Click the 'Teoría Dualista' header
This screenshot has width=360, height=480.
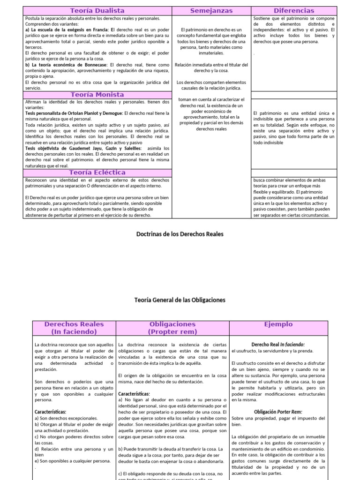(x=97, y=10)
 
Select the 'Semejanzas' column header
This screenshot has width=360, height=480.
(x=211, y=10)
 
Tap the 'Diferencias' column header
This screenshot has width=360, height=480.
(x=293, y=10)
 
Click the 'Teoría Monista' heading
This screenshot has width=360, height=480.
(x=97, y=95)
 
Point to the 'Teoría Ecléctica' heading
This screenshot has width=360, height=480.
(x=97, y=172)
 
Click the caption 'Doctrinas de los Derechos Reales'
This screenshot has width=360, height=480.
(x=180, y=233)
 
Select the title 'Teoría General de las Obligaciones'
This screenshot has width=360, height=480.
(x=180, y=300)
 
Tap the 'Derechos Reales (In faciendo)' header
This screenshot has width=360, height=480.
(x=74, y=328)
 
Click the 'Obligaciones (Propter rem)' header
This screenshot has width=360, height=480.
(x=172, y=328)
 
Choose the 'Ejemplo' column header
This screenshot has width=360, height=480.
(x=278, y=324)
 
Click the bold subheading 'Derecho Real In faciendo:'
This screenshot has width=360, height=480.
(x=278, y=344)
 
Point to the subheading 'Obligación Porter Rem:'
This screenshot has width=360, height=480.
(x=278, y=412)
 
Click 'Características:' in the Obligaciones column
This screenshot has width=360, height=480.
(x=134, y=394)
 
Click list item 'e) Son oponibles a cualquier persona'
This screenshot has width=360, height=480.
(x=72, y=461)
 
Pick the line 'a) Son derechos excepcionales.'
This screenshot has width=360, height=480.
(x=66, y=418)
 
